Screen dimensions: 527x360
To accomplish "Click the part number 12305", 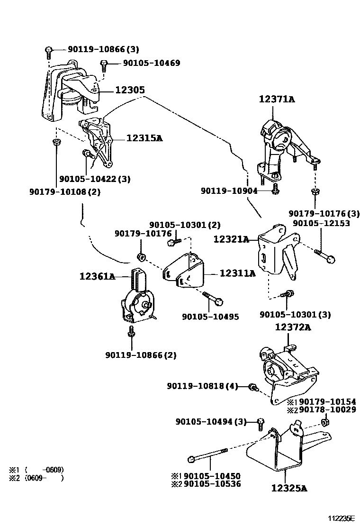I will (129, 90).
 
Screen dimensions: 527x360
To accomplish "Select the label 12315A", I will (144, 138).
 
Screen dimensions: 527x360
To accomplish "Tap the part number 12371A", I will (277, 99).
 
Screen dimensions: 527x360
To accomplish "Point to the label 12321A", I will (231, 240).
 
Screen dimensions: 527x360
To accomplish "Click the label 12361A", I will (97, 276).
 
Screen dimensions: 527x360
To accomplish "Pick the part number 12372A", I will (293, 327).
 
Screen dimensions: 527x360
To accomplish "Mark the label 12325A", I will (289, 487).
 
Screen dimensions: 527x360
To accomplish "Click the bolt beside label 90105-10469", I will (105, 64).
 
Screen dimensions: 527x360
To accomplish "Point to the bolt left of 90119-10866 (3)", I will (49, 50).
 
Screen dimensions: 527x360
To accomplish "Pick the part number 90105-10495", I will (210, 317).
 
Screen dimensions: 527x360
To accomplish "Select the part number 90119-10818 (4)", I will (202, 386).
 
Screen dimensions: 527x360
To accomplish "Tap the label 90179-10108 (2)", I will (65, 191).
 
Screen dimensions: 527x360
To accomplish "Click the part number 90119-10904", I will (229, 191).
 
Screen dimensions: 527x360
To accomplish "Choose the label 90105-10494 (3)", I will (211, 421).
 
